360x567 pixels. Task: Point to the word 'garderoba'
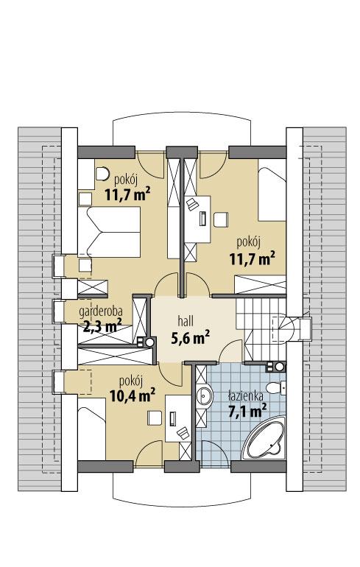click(100, 312)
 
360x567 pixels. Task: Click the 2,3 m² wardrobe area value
click(102, 325)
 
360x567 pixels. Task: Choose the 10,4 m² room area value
click(132, 395)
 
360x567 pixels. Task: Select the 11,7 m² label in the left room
click(127, 195)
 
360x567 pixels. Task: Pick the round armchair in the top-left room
click(101, 175)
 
